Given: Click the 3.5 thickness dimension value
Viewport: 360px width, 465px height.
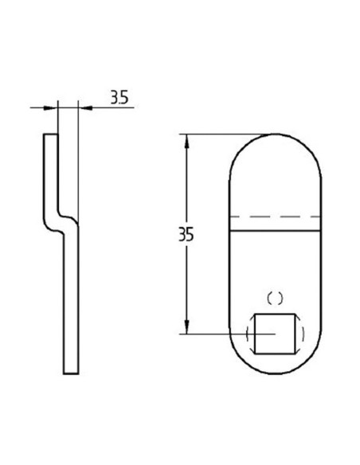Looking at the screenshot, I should click(119, 98).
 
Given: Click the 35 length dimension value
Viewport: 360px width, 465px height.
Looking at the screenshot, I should click(186, 236).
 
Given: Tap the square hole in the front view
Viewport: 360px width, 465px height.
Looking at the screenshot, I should click(275, 334).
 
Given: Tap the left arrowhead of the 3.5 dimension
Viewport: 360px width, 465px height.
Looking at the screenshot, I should click(53, 106).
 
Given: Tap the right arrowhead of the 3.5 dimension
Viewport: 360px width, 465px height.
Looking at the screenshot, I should click(84, 106).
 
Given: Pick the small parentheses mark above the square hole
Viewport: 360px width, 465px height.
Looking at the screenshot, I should click(275, 299).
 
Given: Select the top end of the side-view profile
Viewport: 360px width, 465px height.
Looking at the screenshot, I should click(50, 135).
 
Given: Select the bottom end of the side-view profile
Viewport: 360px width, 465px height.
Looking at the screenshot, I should click(71, 372).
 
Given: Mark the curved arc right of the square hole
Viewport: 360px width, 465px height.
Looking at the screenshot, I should click(300, 334).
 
